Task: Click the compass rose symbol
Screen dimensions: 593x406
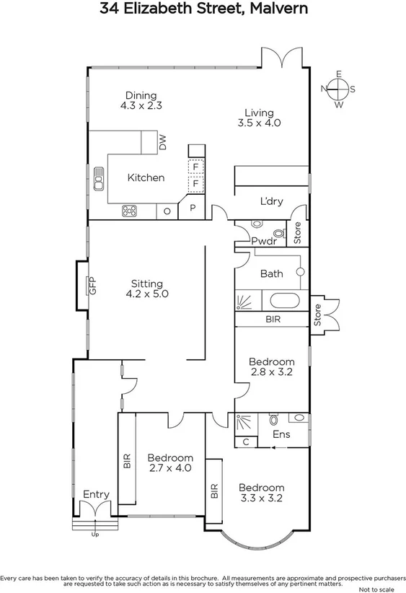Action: click(x=337, y=89)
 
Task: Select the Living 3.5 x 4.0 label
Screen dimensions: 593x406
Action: click(x=258, y=118)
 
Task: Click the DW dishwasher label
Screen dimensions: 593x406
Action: click(x=162, y=144)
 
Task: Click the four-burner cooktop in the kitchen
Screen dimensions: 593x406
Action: click(x=130, y=211)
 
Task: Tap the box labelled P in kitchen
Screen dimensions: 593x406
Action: click(x=192, y=208)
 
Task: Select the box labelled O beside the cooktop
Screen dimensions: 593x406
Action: click(x=167, y=211)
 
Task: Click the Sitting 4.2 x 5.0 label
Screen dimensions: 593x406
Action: click(x=146, y=289)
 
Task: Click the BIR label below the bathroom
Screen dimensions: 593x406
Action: click(x=273, y=318)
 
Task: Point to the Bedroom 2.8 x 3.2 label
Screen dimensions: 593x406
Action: click(x=271, y=367)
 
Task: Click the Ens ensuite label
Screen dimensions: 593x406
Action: click(x=282, y=434)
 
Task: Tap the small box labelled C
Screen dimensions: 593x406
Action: click(x=246, y=441)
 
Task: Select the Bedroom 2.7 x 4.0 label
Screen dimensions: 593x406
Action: click(x=170, y=463)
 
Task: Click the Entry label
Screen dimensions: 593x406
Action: click(x=96, y=494)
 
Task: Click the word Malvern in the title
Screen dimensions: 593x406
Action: click(x=276, y=9)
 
